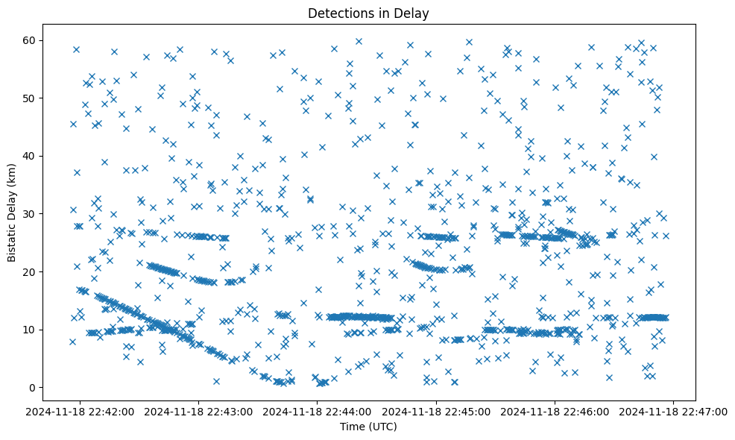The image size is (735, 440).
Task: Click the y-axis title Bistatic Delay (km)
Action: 13,213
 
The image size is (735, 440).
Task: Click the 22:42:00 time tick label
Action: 81,411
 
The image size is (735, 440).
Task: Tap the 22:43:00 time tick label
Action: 200,411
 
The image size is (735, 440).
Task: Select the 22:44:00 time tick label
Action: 318,411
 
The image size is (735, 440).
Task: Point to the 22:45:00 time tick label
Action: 437,411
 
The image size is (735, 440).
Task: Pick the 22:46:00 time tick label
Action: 555,411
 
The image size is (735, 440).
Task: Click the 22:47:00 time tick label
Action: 674,411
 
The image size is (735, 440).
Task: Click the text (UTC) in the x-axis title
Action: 384,427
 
